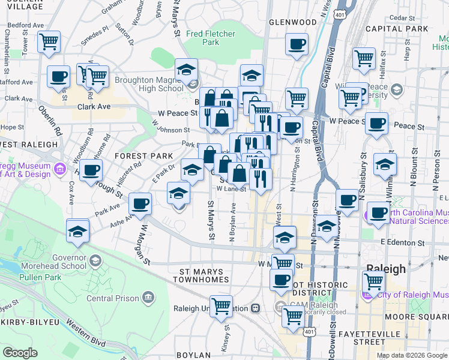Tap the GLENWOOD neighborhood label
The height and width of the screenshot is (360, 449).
(x=292, y=22)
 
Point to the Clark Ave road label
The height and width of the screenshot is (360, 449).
(x=94, y=107)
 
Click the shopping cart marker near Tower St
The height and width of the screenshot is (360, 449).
(x=49, y=42)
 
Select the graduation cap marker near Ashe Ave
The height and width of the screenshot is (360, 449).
(x=78, y=231)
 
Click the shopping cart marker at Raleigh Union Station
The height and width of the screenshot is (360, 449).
(x=221, y=305)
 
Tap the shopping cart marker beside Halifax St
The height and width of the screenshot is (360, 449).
(x=364, y=58)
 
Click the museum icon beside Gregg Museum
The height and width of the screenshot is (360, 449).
(x=59, y=170)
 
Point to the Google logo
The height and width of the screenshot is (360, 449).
(x=20, y=353)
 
